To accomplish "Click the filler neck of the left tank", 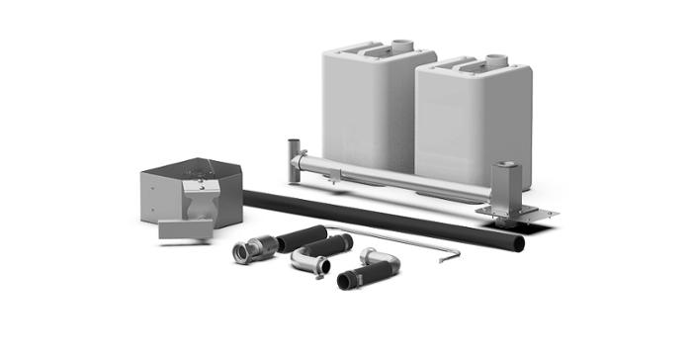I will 401,45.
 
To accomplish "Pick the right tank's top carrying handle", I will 456,66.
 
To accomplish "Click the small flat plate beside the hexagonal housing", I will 185,230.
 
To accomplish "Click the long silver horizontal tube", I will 395,175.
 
